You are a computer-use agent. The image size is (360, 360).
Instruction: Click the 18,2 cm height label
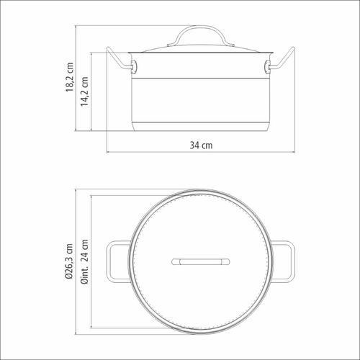click(70, 77)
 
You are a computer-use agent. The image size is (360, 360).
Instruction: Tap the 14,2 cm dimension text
click(84, 91)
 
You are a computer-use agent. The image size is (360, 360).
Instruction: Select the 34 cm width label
click(201, 145)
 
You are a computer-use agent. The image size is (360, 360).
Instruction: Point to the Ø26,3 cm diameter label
click(69, 261)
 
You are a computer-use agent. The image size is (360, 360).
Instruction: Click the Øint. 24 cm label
click(84, 261)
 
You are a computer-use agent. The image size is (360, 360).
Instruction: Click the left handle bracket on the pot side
click(134, 66)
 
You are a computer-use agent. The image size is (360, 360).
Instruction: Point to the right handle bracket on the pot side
click(267, 66)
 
